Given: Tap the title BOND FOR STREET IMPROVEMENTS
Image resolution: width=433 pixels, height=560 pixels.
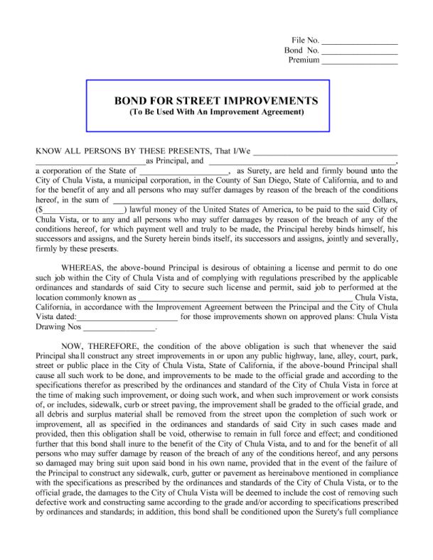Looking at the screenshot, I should coord(207,101).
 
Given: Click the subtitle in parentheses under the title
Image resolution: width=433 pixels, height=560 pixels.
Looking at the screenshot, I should coord(207,112).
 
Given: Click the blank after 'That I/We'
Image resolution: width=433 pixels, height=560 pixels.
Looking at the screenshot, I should coord(325,151).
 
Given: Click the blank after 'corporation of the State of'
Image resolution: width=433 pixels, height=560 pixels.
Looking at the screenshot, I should coord(184,171).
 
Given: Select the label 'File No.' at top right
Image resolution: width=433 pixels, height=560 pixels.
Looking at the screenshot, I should coord(305,41).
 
